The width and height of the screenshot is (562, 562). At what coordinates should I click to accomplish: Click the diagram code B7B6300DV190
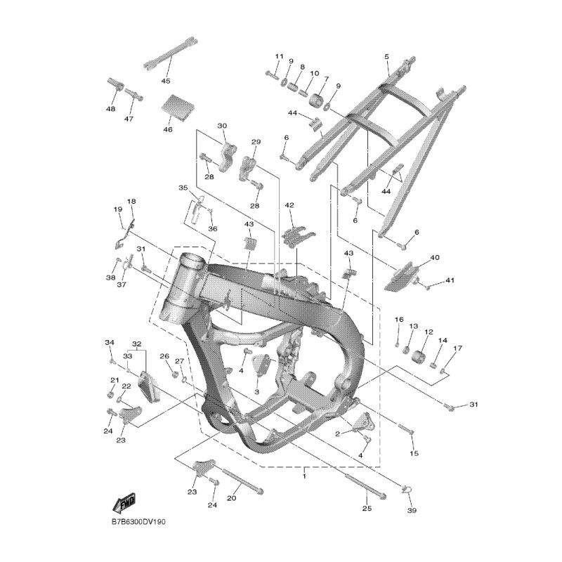coord(138,521)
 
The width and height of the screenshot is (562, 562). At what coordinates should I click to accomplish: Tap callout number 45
coord(166,81)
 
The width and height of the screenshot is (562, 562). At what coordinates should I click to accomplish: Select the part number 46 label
coord(168,129)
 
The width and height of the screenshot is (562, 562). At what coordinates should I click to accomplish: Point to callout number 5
coord(386,57)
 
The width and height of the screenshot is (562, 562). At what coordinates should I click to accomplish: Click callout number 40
coord(435,257)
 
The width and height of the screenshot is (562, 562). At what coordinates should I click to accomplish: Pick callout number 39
coord(412,510)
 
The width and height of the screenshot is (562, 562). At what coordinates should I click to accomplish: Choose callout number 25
coord(367,508)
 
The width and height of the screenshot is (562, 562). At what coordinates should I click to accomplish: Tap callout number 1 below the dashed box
coord(304,476)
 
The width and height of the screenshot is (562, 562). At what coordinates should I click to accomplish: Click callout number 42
coord(289,205)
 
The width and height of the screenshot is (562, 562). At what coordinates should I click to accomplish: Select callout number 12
coord(429,332)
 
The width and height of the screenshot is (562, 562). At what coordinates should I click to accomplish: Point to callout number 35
coord(183,188)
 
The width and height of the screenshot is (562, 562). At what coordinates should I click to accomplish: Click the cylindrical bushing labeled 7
coord(316,100)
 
